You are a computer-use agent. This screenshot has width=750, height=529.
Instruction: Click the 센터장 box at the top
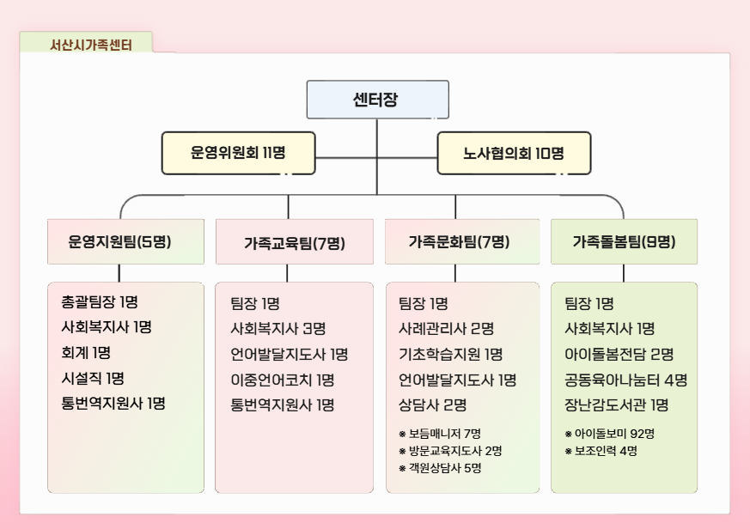pyautogui.click(x=377, y=100)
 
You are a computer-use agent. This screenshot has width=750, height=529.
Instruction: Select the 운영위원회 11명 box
pyautogui.click(x=238, y=153)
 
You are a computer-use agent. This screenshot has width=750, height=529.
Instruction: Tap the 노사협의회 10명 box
pyautogui.click(x=515, y=153)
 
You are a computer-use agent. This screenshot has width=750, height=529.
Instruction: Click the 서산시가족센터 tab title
pyautogui.click(x=91, y=45)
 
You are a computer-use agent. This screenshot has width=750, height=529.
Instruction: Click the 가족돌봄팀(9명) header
pyautogui.click(x=625, y=241)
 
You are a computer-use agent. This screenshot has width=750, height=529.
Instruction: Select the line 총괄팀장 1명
pyautogui.click(x=100, y=301)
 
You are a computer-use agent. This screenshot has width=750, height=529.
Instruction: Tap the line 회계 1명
pyautogui.click(x=86, y=353)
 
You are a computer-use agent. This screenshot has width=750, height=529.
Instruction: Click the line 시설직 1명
pyautogui.click(x=93, y=379)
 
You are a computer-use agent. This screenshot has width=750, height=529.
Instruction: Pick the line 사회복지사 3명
pyautogui.click(x=277, y=329)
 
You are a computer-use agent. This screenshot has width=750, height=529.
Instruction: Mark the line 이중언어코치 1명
pyautogui.click(x=282, y=380)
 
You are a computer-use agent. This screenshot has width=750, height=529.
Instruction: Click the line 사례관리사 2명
pyautogui.click(x=446, y=329)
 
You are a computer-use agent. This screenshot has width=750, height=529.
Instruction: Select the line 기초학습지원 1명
pyautogui.click(x=450, y=354)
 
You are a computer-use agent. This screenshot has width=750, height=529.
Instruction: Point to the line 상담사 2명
pyautogui.click(x=432, y=405)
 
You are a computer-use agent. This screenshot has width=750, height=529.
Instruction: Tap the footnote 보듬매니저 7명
pyautogui.click(x=440, y=434)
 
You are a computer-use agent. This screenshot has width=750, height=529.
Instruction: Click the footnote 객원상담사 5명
pyautogui.click(x=440, y=468)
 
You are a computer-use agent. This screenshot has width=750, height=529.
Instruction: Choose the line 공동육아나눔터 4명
pyautogui.click(x=625, y=380)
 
